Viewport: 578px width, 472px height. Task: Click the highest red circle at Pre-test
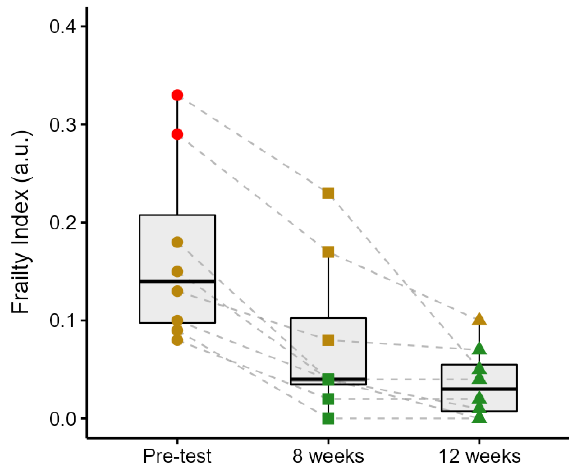177,95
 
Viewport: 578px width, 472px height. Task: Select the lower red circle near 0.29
177,134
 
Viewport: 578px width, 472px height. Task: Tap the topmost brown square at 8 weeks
328,193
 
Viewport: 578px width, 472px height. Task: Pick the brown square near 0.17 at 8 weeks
328,252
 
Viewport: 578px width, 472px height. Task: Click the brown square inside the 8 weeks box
328,340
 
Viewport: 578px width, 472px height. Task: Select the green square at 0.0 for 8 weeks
328,419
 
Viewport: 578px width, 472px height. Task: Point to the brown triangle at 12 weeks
479,319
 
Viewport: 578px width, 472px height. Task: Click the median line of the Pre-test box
177,281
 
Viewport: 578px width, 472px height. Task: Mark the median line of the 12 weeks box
479,389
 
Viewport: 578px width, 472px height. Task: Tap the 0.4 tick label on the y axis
63,27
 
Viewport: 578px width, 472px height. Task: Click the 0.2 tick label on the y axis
63,223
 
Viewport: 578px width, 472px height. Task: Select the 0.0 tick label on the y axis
63,419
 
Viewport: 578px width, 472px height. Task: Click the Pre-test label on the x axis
177,456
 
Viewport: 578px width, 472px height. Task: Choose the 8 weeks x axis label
328,456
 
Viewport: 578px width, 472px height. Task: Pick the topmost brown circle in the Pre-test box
177,242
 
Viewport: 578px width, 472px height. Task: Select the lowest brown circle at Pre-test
177,340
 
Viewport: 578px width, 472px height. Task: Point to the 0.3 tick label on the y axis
63,125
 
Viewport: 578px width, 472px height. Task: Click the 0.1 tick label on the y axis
63,321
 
